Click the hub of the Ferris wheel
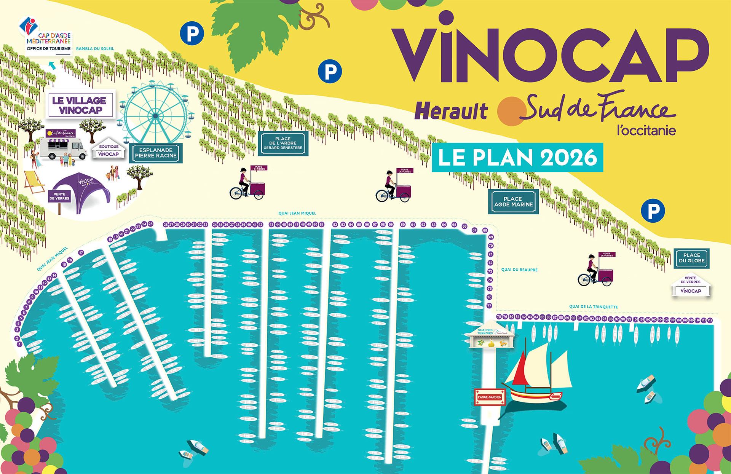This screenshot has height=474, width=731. pyautogui.click(x=155, y=116)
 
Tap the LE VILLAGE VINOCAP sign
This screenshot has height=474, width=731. pyautogui.click(x=80, y=105)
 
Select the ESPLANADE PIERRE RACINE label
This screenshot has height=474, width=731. pyautogui.click(x=156, y=153)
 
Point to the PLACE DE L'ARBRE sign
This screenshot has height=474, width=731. pyautogui.click(x=283, y=143)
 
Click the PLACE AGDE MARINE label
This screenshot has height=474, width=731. pyautogui.click(x=513, y=202)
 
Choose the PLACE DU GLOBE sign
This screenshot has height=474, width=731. pyautogui.click(x=691, y=258)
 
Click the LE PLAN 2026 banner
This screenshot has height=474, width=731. pyautogui.click(x=517, y=157)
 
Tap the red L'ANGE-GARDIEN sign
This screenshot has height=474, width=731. pyautogui.click(x=490, y=397)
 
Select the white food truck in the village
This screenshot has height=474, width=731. pyautogui.click(x=63, y=148)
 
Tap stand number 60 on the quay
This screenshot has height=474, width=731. pyautogui.click(x=403, y=225)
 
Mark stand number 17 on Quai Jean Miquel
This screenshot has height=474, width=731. pyautogui.click(x=81, y=253)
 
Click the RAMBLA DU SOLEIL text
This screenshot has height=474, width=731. pyautogui.click(x=95, y=49)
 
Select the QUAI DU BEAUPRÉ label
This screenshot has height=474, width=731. pyautogui.click(x=519, y=270)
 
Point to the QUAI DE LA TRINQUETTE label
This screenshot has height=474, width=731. pyautogui.click(x=593, y=307)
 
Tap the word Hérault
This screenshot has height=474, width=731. pyautogui.click(x=451, y=111)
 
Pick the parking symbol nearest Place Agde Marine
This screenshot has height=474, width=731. pyautogui.click(x=653, y=211)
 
